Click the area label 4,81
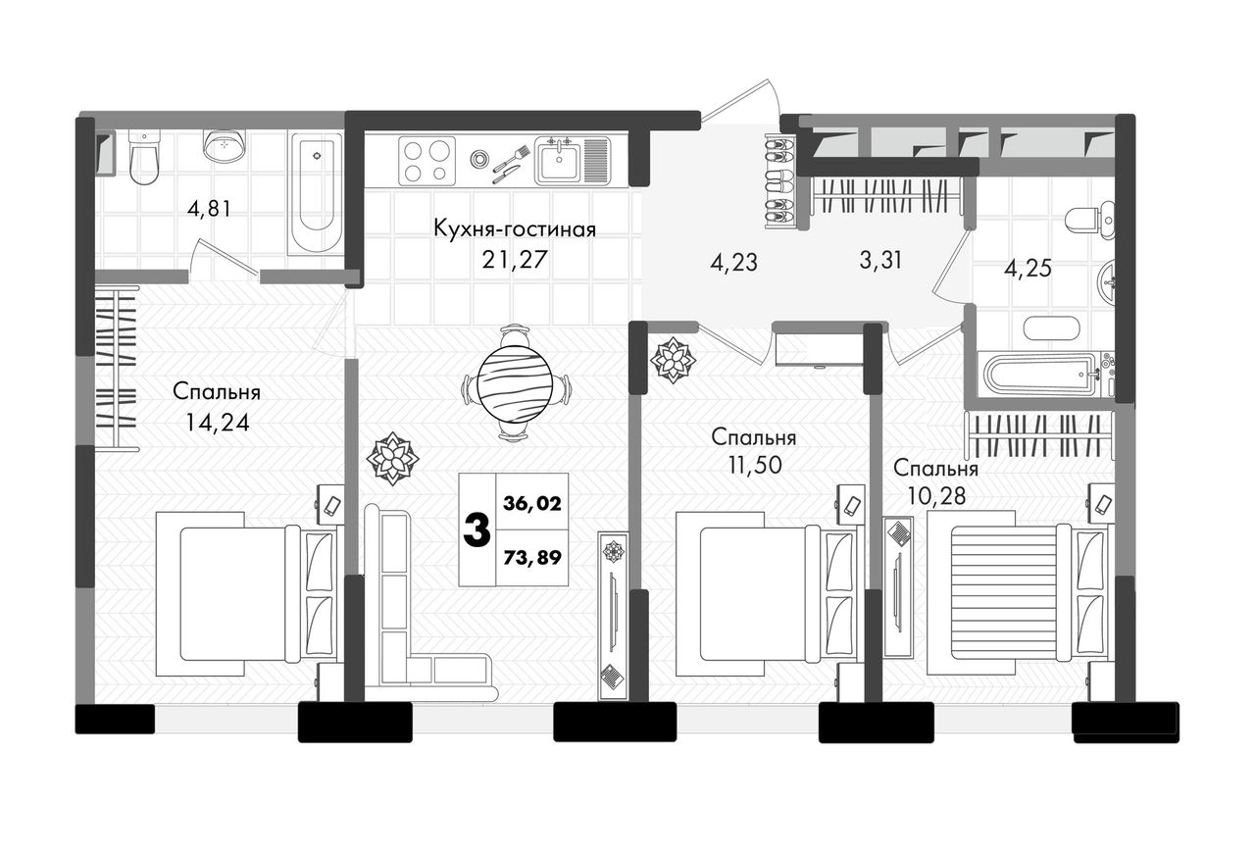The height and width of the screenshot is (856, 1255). pyautogui.click(x=209, y=210)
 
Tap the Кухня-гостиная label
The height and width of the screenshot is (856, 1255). pyautogui.click(x=515, y=229)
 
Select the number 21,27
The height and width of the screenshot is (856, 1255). pyautogui.click(x=515, y=260)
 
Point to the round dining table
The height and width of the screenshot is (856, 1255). pyautogui.click(x=516, y=383)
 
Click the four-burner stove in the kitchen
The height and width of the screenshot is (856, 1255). pyautogui.click(x=427, y=161)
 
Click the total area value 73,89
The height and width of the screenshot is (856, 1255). pyautogui.click(x=532, y=557)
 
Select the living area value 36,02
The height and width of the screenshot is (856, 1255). pyautogui.click(x=532, y=504)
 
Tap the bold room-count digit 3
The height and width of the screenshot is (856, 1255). pyautogui.click(x=477, y=531)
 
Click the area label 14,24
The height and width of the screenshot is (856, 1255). pyautogui.click(x=218, y=423)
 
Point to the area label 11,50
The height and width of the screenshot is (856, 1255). pyautogui.click(x=755, y=465)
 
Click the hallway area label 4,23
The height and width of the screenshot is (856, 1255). pyautogui.click(x=733, y=262)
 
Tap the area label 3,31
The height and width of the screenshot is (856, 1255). pyautogui.click(x=880, y=261)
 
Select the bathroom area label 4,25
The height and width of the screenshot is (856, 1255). pyautogui.click(x=1028, y=269)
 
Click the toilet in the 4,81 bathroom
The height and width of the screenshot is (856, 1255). pyautogui.click(x=144, y=158)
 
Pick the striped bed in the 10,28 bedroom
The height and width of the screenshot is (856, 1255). pyautogui.click(x=1009, y=593)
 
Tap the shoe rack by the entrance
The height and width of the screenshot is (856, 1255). pyautogui.click(x=779, y=180)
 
